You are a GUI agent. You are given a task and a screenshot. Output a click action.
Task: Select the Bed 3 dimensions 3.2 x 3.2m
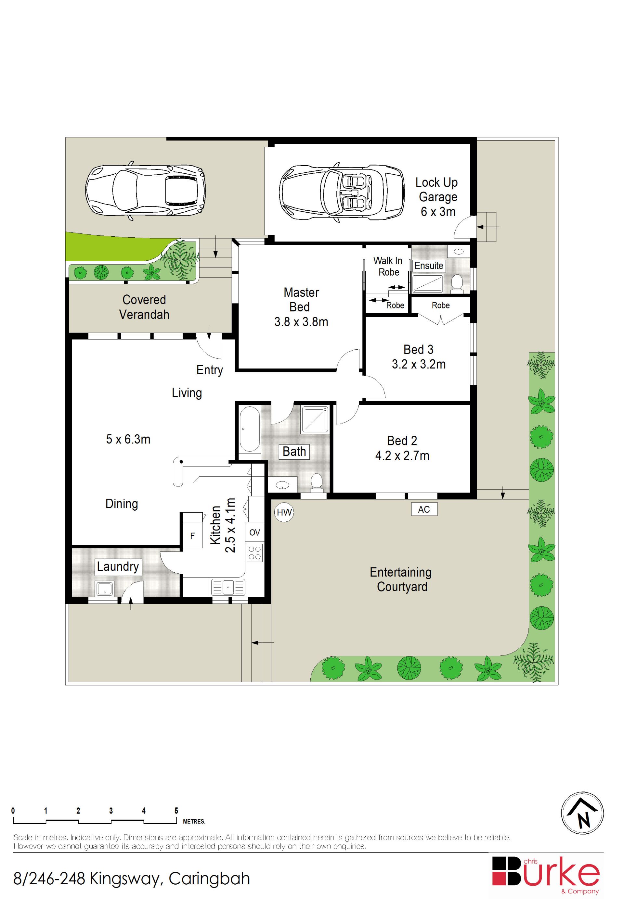pos(419,364)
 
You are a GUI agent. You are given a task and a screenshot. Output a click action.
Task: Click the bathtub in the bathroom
pos(249,429)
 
